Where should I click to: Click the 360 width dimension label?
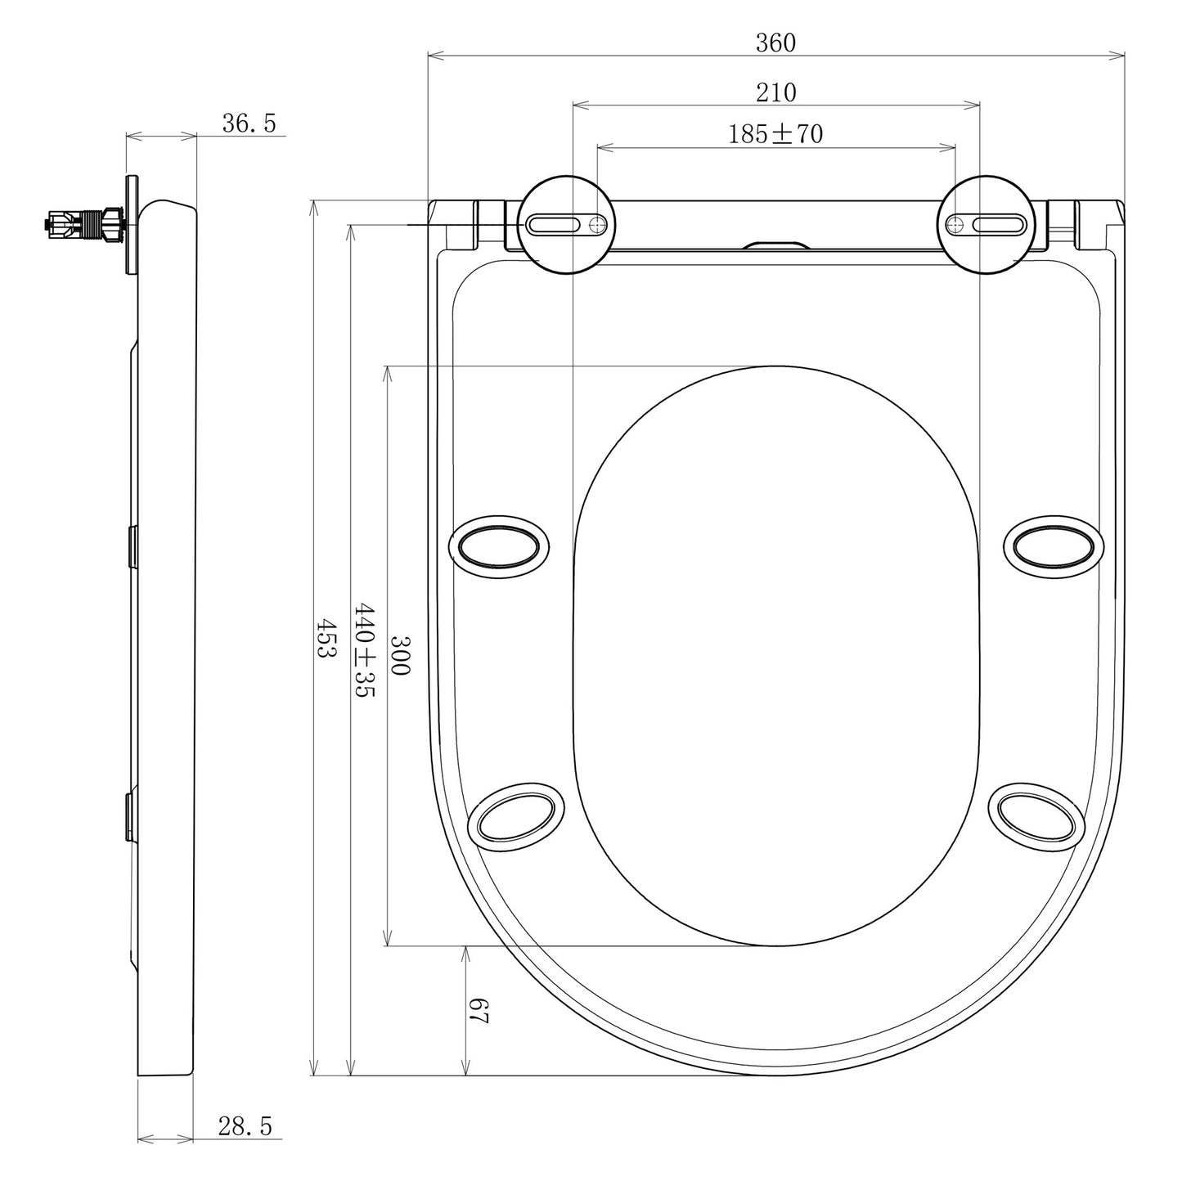(775, 43)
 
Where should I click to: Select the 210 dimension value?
(775, 92)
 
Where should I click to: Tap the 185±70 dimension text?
(775, 134)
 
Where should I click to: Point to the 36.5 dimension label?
(249, 123)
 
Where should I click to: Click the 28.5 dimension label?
(245, 1126)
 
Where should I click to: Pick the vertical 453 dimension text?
(326, 638)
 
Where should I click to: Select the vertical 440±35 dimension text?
(363, 650)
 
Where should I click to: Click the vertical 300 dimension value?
(399, 654)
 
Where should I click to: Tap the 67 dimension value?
(479, 1012)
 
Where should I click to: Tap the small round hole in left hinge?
(600, 224)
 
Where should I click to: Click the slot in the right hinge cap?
(998, 224)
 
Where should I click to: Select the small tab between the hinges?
(775, 245)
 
